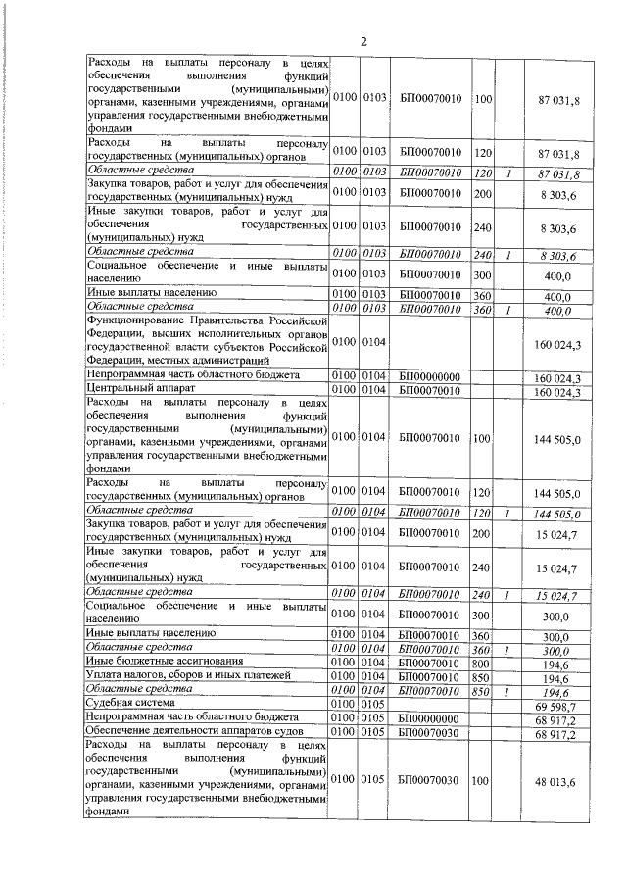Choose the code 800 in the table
tap(479, 662)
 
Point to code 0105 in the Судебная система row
tap(375, 706)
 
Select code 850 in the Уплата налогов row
tap(479, 676)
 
